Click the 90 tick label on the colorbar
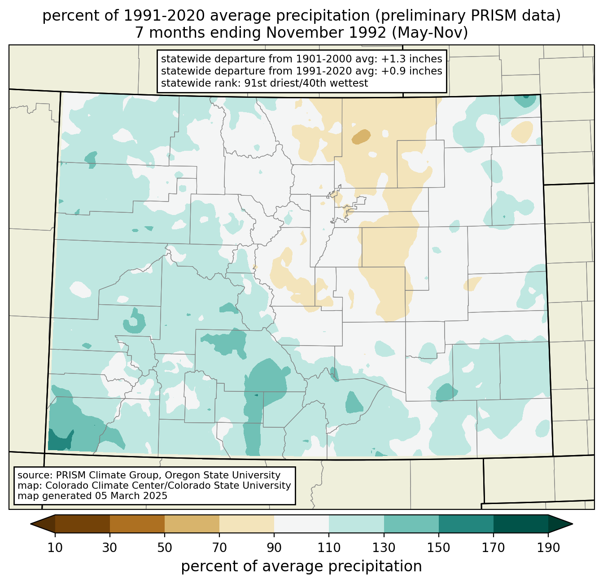(x=274, y=548)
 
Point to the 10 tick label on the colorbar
(x=55, y=548)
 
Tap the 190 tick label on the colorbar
(x=548, y=548)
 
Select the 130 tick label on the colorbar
(x=384, y=548)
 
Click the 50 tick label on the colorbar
(x=165, y=548)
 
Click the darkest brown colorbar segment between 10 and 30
(x=83, y=524)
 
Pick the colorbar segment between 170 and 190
(x=521, y=524)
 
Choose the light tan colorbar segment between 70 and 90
(x=247, y=524)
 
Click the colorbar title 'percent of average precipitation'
(x=301, y=566)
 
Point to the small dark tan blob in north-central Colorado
(x=361, y=136)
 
